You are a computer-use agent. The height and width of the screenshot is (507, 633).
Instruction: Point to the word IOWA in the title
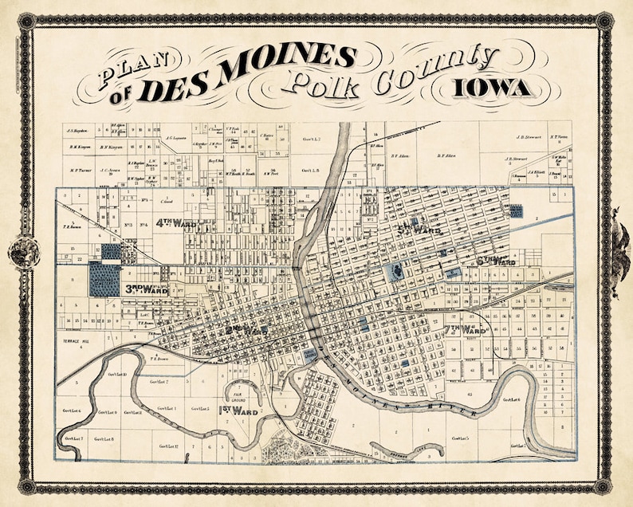click(x=492, y=87)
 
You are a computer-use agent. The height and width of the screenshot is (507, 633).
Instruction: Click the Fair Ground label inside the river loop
click(x=238, y=393)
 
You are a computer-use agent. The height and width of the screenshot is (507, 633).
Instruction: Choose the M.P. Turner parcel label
click(x=82, y=170)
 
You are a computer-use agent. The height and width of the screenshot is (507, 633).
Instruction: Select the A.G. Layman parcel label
click(x=176, y=137)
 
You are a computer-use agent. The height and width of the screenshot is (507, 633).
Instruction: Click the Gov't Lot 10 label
click(x=116, y=374)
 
